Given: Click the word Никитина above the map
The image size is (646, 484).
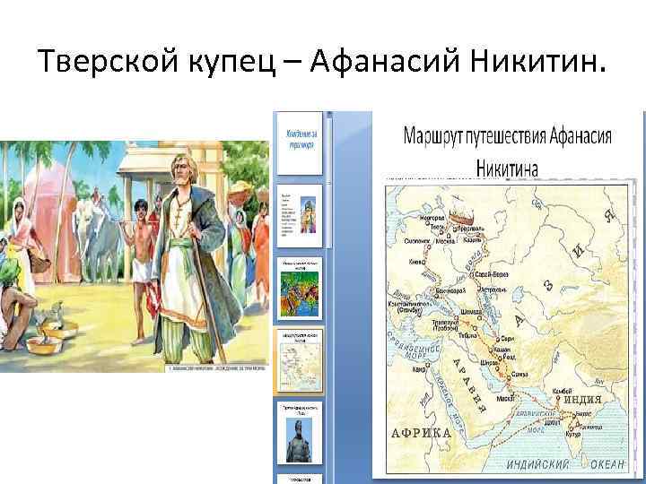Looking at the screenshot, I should (507, 166).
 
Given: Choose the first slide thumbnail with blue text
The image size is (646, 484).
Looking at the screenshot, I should (299, 143).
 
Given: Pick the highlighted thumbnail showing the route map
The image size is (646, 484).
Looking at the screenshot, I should (299, 360).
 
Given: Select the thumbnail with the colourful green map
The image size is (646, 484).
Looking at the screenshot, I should (299, 287).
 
